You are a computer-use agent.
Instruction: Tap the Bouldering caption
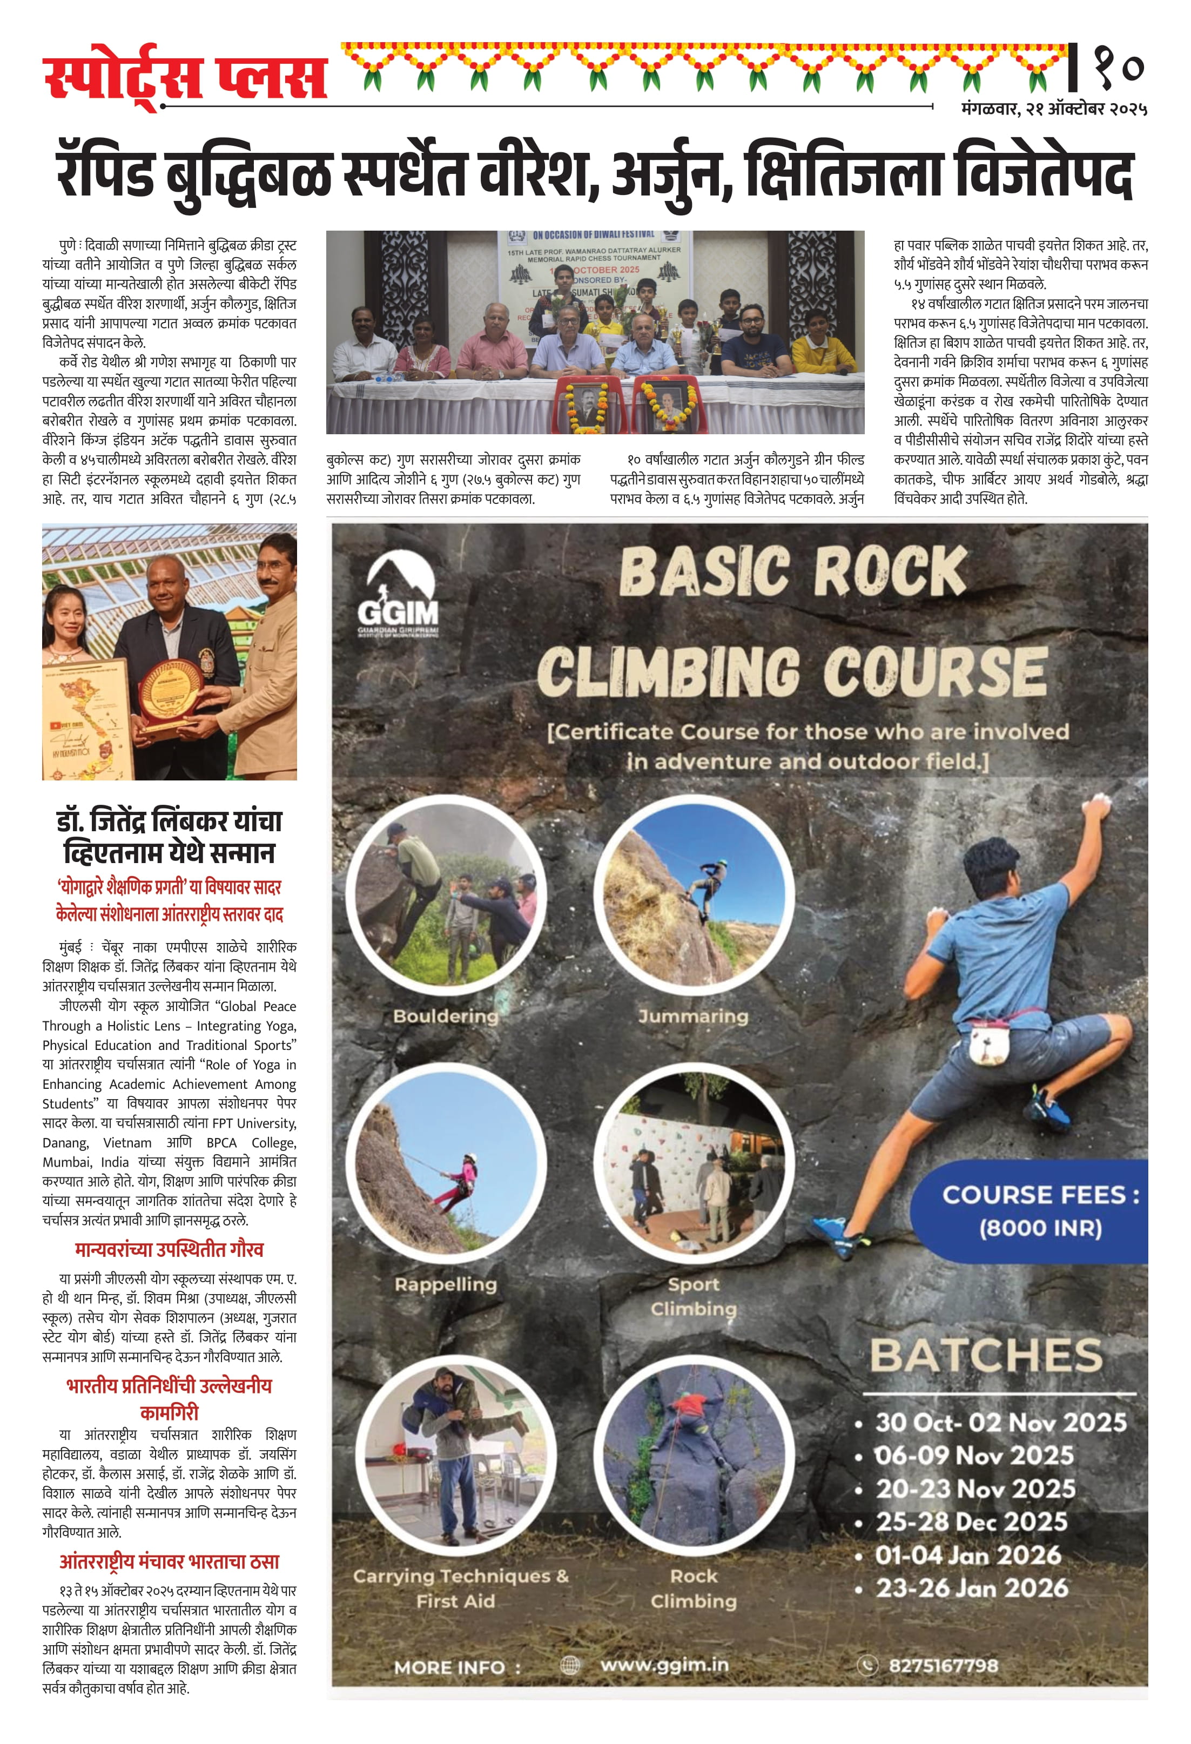[445, 1015]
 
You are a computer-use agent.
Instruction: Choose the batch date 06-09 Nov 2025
[974, 1455]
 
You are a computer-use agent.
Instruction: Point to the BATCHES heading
[985, 1355]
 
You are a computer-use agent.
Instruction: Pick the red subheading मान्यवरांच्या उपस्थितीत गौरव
[169, 1249]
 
